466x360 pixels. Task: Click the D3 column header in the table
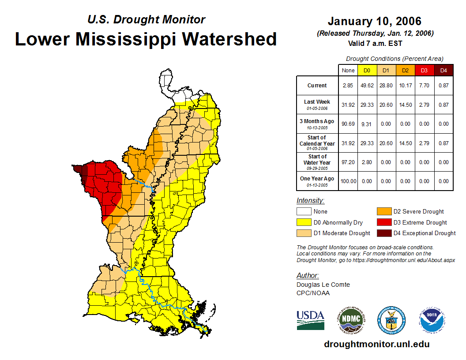coord(424,70)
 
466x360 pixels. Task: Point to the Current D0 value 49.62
coord(367,86)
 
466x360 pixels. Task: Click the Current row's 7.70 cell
coord(424,86)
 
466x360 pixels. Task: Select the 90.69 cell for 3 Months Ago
coord(348,124)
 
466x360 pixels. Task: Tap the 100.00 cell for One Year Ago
coord(348,181)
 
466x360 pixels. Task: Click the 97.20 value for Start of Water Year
coord(348,162)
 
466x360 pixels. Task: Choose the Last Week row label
coord(317,102)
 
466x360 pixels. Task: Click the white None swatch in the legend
coord(304,212)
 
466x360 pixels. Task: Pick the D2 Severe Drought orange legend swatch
coord(383,212)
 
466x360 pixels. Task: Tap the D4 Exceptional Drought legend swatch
coord(383,233)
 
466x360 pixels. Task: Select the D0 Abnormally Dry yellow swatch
coord(304,222)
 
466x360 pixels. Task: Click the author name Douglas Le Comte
coord(323,285)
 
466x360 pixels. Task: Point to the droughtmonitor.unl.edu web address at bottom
coord(376,344)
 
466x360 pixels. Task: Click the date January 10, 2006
coord(375,21)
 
